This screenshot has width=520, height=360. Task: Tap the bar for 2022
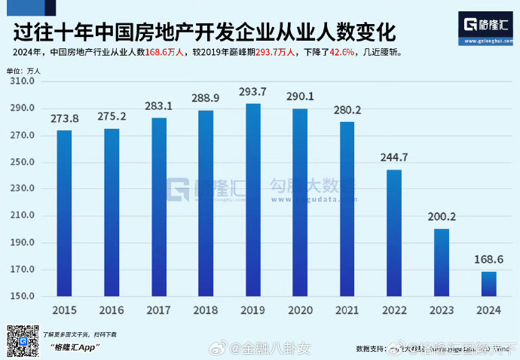click(394, 233)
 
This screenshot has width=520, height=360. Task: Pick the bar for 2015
click(65, 214)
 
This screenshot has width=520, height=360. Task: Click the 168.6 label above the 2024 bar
click(488, 261)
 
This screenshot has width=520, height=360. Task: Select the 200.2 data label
click(442, 218)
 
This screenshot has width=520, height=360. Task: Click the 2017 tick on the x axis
click(159, 310)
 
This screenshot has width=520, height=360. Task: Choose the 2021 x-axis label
click(347, 310)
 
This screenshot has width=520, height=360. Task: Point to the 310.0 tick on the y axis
click(23, 81)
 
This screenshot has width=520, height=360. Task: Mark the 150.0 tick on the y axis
click(23, 297)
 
